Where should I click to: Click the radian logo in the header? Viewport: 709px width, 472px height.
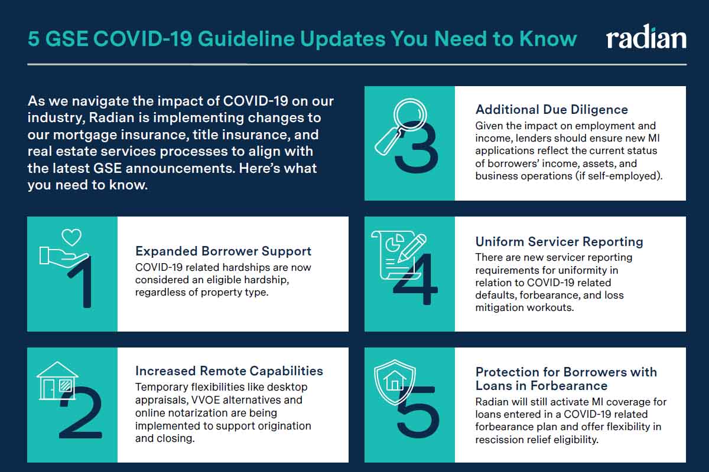pos(646,37)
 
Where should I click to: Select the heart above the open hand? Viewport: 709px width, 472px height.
pos(71,237)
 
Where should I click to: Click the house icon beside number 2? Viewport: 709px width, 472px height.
pos(57,381)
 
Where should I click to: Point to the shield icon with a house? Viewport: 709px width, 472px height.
pos(395,382)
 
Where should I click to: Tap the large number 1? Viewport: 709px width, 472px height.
pos(80,281)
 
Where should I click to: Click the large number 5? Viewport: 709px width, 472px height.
pos(418,412)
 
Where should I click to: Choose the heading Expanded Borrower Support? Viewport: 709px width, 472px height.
pos(223,251)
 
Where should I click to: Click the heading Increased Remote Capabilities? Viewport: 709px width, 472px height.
pos(229,371)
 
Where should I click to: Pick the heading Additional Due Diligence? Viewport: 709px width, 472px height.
pos(552,109)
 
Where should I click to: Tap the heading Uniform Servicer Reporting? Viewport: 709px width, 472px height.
pos(560,241)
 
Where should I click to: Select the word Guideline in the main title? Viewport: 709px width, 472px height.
pos(246,39)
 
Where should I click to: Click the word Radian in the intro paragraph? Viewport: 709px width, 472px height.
pos(112,117)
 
